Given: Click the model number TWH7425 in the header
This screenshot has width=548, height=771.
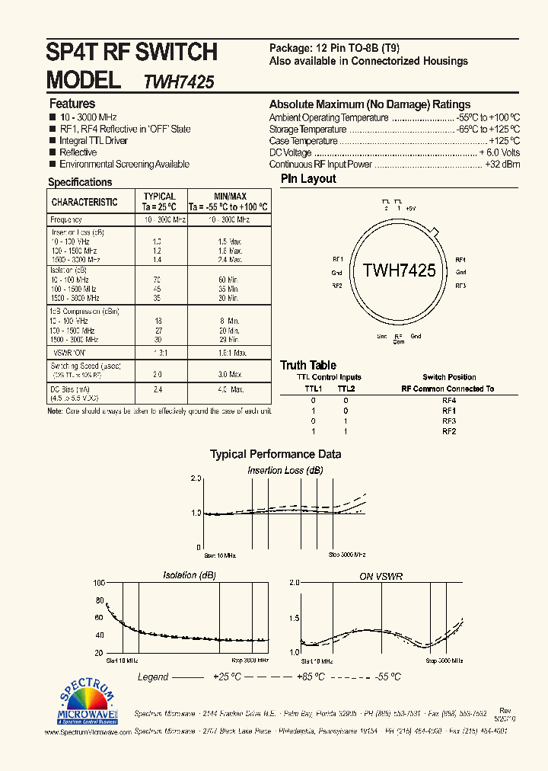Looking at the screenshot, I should click(x=178, y=82).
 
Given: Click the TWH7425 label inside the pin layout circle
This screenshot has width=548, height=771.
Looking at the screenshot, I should click(x=399, y=270).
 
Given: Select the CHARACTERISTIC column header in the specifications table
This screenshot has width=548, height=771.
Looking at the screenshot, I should click(x=84, y=203).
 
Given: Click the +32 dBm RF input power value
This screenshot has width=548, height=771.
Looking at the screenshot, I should click(x=502, y=165).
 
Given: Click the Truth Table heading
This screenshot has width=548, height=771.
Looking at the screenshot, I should click(x=308, y=366).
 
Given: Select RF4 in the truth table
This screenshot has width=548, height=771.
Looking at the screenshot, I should click(x=449, y=400).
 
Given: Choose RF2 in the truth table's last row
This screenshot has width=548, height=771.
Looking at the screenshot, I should click(x=449, y=432).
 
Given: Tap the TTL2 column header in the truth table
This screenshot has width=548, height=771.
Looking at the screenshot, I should click(x=346, y=389).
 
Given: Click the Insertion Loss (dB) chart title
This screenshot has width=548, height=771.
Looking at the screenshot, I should click(x=285, y=471).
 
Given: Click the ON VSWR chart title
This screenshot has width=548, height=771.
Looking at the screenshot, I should click(x=381, y=577).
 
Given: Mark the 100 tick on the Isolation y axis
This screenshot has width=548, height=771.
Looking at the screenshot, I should click(x=99, y=584).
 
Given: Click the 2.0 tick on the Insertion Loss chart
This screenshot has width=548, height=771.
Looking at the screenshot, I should click(x=196, y=478).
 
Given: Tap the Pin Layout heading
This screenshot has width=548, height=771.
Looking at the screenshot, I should click(x=308, y=179).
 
